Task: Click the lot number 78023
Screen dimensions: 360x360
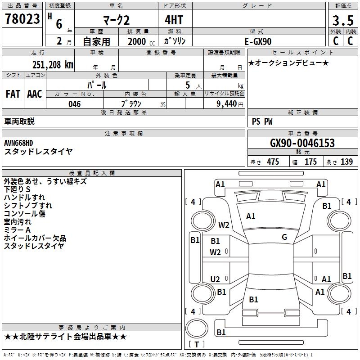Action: coord(22,19)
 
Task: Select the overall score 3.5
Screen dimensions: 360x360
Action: coord(343,20)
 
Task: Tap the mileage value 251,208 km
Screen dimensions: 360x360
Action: coord(53,65)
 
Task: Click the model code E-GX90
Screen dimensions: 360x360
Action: coord(258,41)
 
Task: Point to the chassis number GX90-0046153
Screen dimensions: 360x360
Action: coord(302,143)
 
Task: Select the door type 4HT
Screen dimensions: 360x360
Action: coord(174,20)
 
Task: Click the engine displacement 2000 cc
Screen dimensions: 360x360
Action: coord(141,41)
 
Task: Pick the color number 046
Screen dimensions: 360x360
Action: coord(75,104)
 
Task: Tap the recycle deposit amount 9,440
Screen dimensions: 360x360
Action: coord(227,104)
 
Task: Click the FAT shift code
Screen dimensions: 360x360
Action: coord(13,94)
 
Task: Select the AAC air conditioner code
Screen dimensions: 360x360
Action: coord(35,94)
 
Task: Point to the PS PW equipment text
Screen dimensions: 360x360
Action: coord(262,121)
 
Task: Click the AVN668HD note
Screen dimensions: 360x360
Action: coord(18,143)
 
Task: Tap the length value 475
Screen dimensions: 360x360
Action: coord(273,162)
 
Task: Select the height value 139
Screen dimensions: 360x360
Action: coord(346,162)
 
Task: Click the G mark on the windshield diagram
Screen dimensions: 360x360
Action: coord(284,237)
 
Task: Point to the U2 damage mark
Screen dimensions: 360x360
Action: coord(215,279)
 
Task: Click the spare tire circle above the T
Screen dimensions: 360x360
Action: coord(197,328)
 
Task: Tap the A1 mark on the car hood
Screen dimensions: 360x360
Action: coord(251,216)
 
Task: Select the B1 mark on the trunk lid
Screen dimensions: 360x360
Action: coord(254,299)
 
